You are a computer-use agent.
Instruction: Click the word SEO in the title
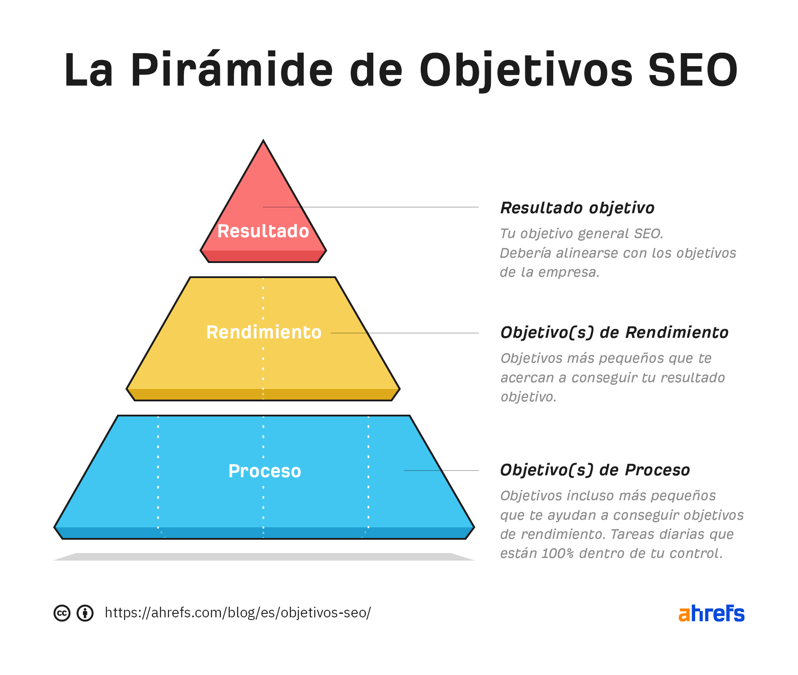pyautogui.click(x=692, y=70)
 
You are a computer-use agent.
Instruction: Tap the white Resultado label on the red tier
pyautogui.click(x=263, y=231)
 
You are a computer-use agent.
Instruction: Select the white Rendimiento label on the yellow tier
pyautogui.click(x=264, y=332)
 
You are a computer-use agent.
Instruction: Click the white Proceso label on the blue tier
pyautogui.click(x=265, y=471)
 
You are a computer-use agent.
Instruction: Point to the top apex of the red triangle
pyautogui.click(x=263, y=141)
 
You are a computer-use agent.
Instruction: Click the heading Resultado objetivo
pyautogui.click(x=577, y=208)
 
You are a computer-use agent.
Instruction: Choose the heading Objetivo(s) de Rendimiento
pyautogui.click(x=614, y=333)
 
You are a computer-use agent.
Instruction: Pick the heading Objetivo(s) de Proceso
pyautogui.click(x=595, y=470)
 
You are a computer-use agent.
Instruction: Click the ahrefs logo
pyautogui.click(x=712, y=613)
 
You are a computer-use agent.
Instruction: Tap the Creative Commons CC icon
pyautogui.click(x=62, y=613)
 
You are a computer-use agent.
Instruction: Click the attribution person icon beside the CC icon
pyautogui.click(x=85, y=613)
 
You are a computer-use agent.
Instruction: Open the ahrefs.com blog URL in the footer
pyautogui.click(x=238, y=613)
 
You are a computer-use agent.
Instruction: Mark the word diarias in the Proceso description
pyautogui.click(x=680, y=534)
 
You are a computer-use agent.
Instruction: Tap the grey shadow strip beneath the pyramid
pyautogui.click(x=264, y=557)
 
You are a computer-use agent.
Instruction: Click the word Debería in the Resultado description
pyautogui.click(x=526, y=253)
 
